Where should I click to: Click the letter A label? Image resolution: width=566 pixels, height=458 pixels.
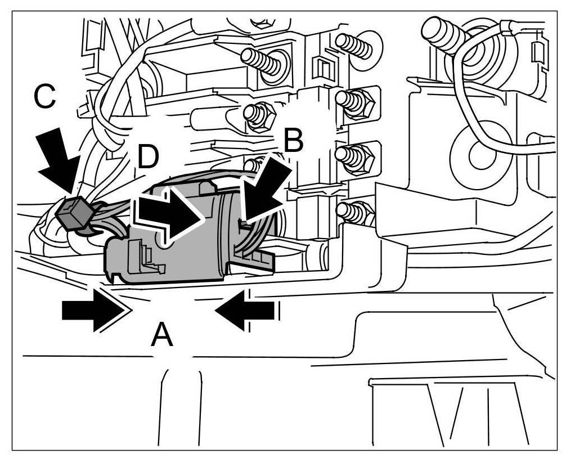pyautogui.click(x=161, y=336)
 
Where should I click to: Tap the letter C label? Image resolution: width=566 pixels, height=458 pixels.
pyautogui.click(x=44, y=97)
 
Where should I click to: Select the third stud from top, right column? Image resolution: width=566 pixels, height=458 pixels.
pyautogui.click(x=354, y=155)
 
